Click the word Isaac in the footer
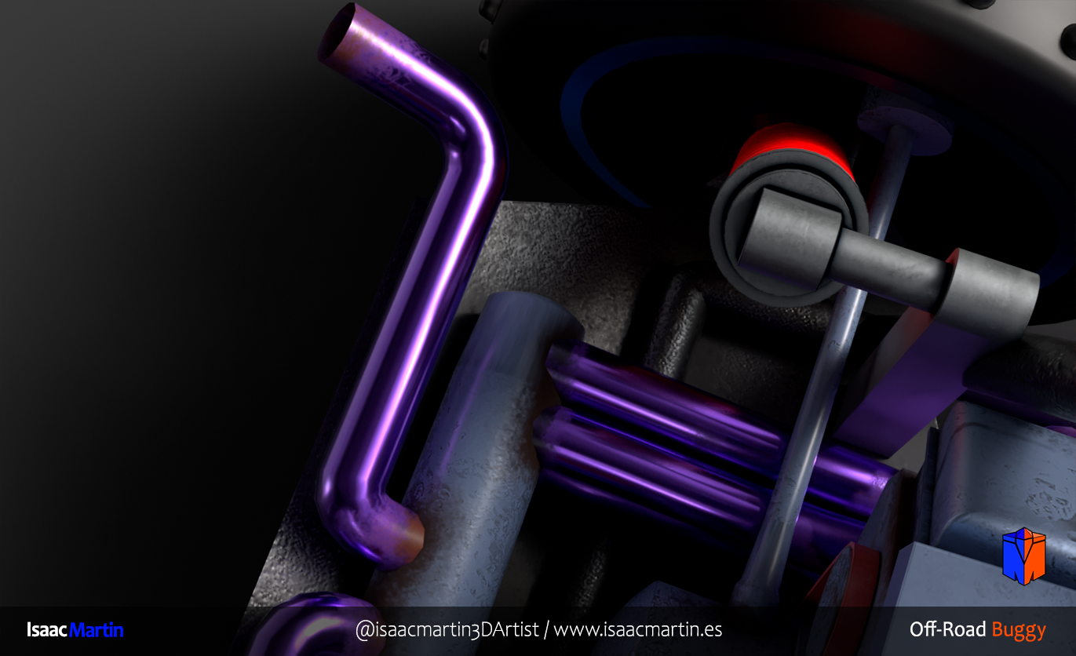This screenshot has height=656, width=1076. (x=46, y=629)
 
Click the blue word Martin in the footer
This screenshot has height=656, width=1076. (x=97, y=629)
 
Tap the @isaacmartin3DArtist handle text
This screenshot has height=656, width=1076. (x=447, y=629)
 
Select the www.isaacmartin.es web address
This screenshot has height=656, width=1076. (x=638, y=629)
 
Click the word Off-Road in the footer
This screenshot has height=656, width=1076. (x=947, y=629)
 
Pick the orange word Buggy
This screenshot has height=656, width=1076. (x=1019, y=631)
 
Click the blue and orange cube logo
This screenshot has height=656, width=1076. (x=1024, y=556)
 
